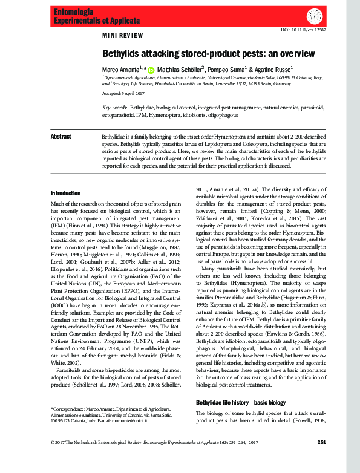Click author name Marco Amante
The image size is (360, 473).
click(121, 70)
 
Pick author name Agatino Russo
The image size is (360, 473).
click(273, 70)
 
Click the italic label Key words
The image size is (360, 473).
click(110, 108)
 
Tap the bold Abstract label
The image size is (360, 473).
click(62, 137)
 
